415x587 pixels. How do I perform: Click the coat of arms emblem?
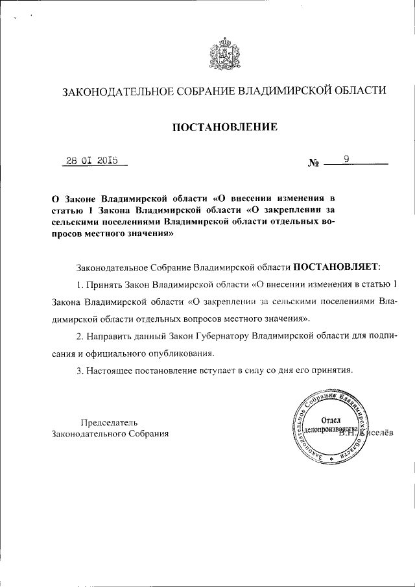point(224,54)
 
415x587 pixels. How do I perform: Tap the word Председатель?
point(108,422)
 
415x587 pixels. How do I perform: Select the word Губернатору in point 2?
point(219,337)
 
